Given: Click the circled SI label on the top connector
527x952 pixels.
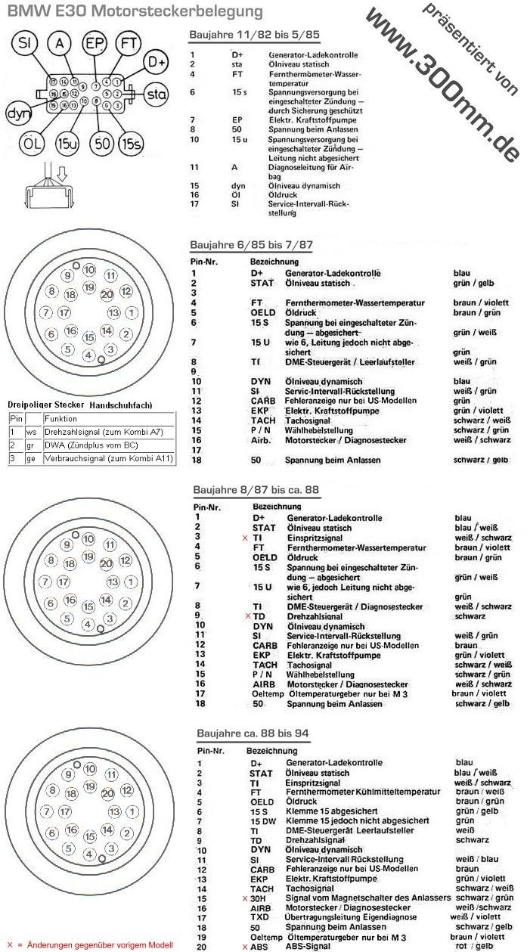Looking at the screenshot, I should (x=25, y=43).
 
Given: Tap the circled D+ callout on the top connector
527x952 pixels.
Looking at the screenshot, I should (x=156, y=61).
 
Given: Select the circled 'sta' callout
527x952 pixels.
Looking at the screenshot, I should (x=156, y=95).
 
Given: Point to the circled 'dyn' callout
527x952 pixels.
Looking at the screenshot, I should (x=16, y=114).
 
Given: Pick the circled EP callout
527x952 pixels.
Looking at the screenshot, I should (x=95, y=43).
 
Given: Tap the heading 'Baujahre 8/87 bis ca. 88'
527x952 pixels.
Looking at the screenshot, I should (x=255, y=489).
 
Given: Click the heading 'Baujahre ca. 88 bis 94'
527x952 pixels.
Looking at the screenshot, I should (x=253, y=732).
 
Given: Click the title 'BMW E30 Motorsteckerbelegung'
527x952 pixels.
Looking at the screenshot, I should (x=135, y=11).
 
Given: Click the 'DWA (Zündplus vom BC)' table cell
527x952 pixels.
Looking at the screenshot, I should (x=87, y=445).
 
